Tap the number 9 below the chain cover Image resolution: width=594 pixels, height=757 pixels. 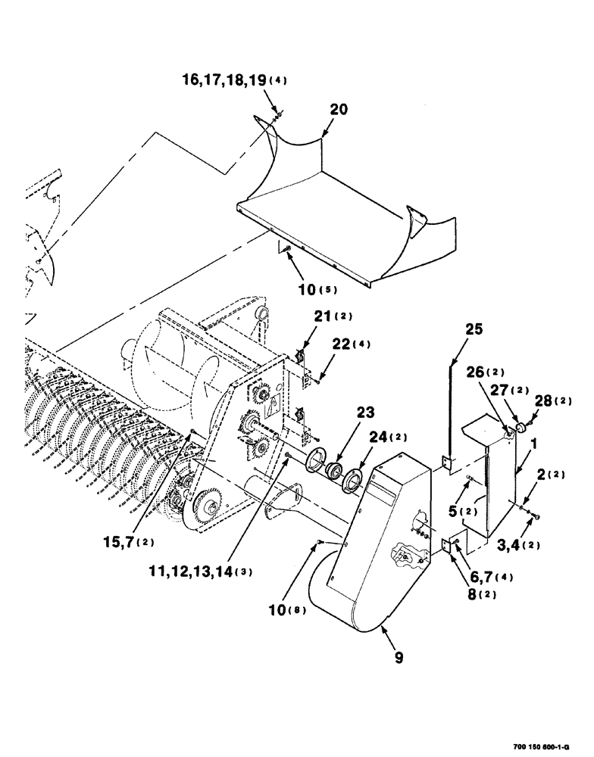[x=398, y=658]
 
